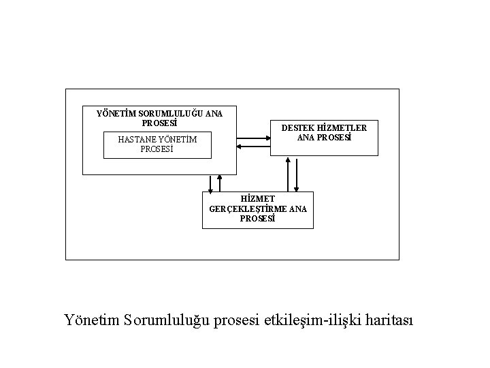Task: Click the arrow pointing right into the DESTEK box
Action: pos(253,138)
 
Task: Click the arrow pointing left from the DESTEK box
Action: pos(253,146)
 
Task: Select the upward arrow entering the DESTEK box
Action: pos(289,174)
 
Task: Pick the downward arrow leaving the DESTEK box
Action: pos(296,174)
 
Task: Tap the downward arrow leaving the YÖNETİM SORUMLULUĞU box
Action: pos(211,183)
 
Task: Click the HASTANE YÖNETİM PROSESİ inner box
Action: pos(157,144)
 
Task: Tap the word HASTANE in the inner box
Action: pos(137,140)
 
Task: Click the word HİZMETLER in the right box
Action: pos(340,127)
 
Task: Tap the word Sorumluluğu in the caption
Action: pos(167,320)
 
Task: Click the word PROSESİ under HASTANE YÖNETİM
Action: pos(157,149)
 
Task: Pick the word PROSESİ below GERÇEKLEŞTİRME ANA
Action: pos(258,219)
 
